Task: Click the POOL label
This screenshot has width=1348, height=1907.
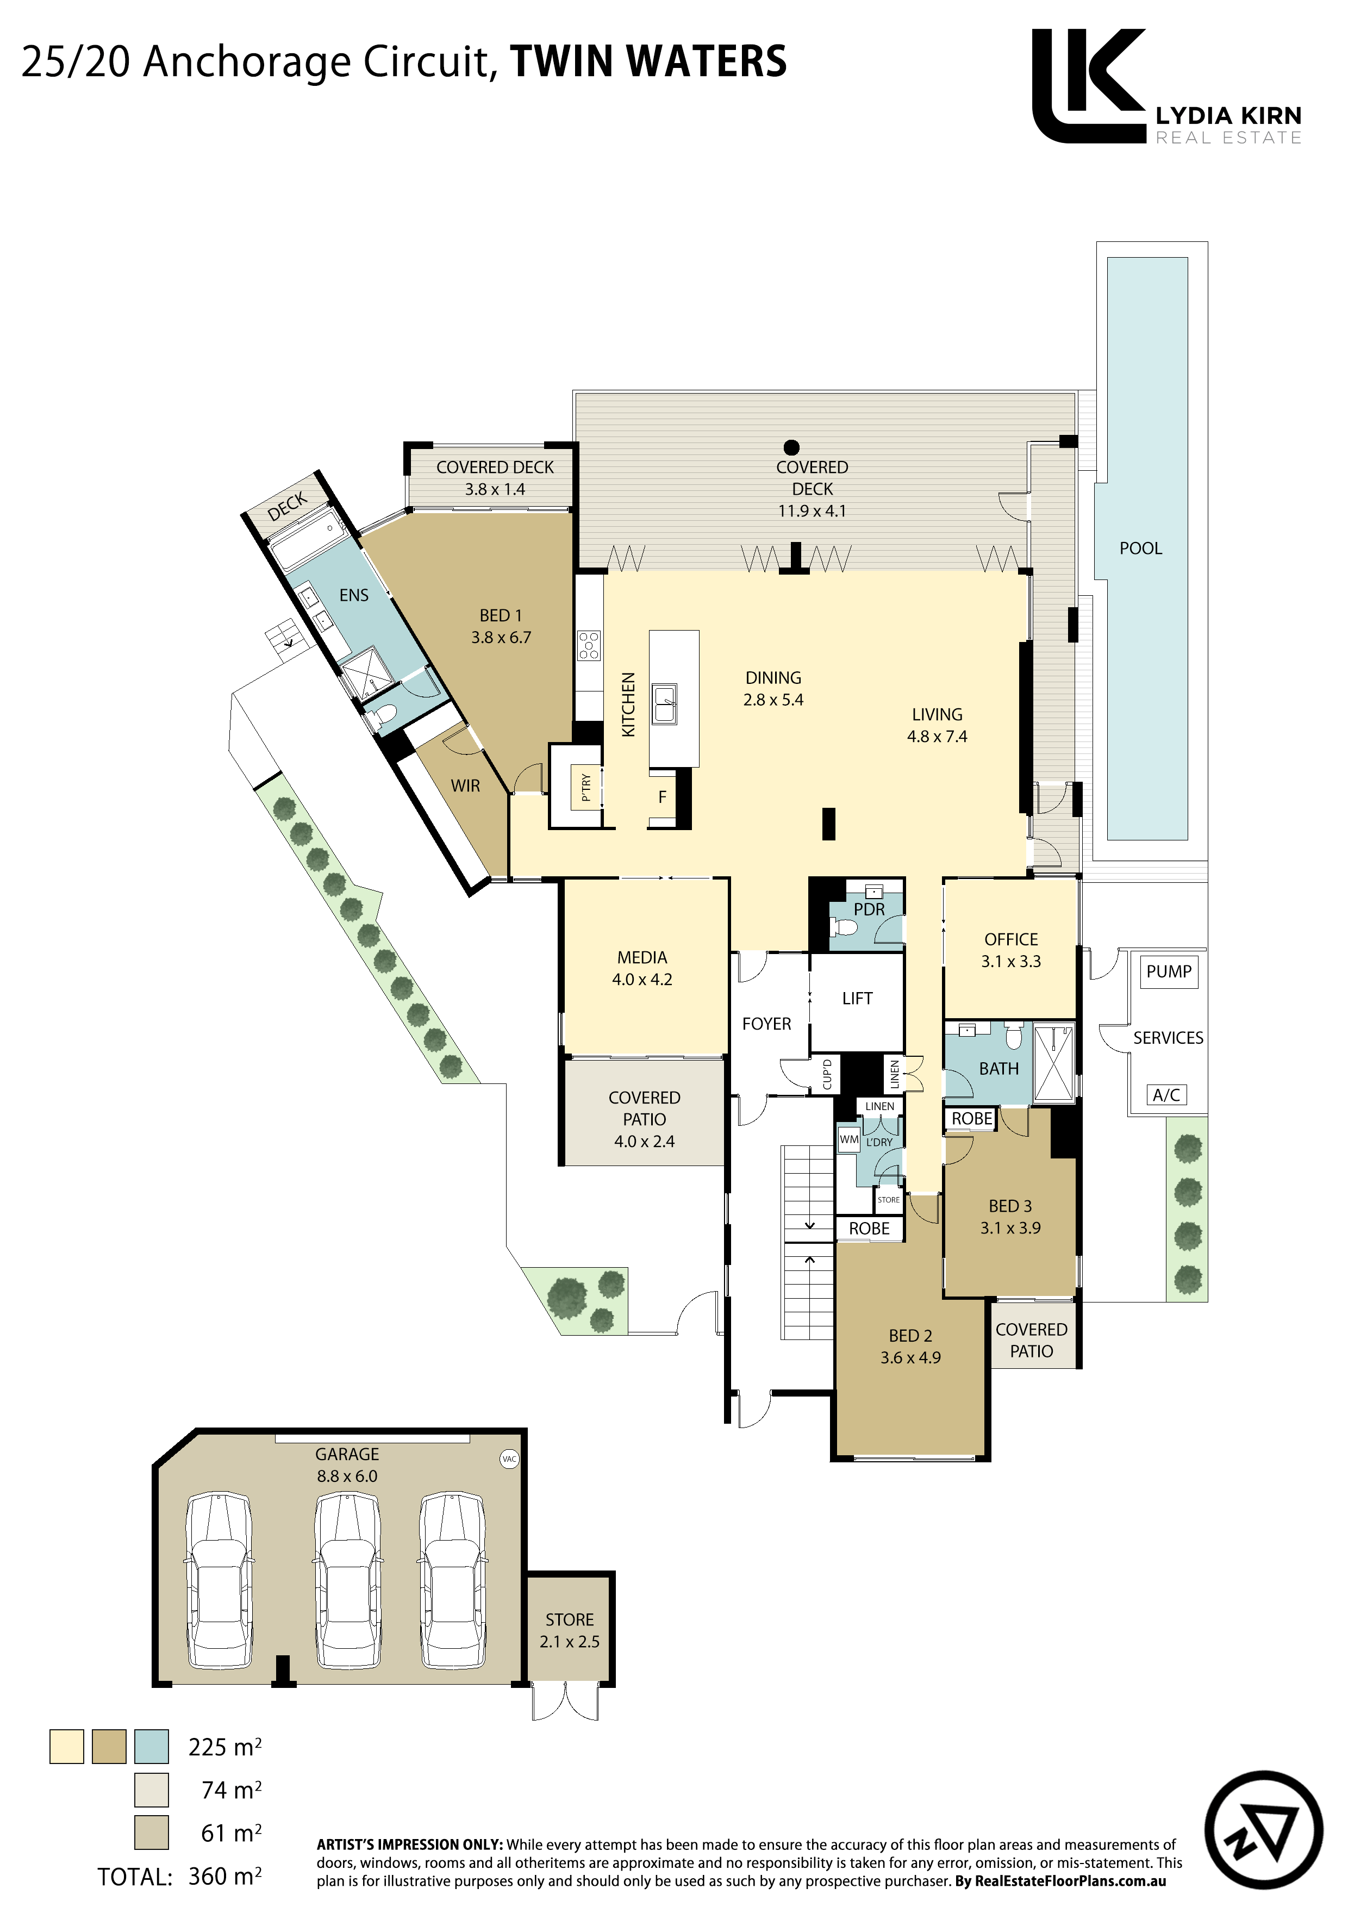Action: [x=1140, y=548]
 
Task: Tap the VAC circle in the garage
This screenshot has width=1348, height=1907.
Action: [x=509, y=1459]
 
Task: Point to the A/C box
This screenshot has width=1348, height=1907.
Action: [x=1166, y=1095]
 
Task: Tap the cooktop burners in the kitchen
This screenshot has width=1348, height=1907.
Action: [x=589, y=645]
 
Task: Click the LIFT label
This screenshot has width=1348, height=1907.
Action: [x=857, y=999]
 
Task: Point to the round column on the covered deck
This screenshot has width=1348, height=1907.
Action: [x=791, y=448]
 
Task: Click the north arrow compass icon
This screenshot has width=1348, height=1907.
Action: [x=1263, y=1830]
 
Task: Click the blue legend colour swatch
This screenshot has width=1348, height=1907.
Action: [x=151, y=1747]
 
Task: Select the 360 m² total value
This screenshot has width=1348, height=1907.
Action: [x=224, y=1875]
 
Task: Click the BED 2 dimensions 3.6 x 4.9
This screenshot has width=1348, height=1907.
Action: [x=910, y=1357]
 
